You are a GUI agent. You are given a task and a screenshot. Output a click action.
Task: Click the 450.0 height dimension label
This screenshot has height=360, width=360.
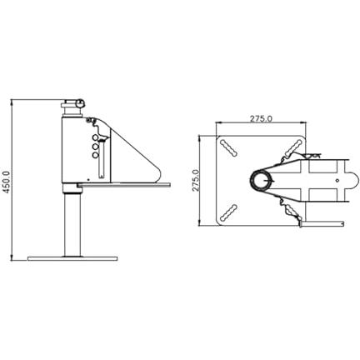coord(6,182)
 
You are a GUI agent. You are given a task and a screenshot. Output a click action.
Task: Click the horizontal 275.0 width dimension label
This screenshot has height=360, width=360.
coord(261,118)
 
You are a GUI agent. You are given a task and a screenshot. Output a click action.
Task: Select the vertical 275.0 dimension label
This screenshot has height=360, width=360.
coord(197,180)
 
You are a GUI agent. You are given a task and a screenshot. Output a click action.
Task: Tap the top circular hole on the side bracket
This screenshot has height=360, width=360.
coord(95,137)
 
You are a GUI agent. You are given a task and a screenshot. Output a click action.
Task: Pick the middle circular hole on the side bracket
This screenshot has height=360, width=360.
coord(95,147)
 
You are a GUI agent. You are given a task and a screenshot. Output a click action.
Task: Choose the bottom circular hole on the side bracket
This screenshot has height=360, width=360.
coord(95,155)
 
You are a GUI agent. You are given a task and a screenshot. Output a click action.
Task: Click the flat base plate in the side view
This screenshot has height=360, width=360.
coord(72,258)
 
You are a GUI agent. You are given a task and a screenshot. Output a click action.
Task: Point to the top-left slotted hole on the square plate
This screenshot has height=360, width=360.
coord(228,147)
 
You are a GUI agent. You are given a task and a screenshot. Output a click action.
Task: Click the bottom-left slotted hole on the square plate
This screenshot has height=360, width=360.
coord(228,212)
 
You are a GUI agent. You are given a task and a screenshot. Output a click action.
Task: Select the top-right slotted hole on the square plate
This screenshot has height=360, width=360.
coord(293,147)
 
